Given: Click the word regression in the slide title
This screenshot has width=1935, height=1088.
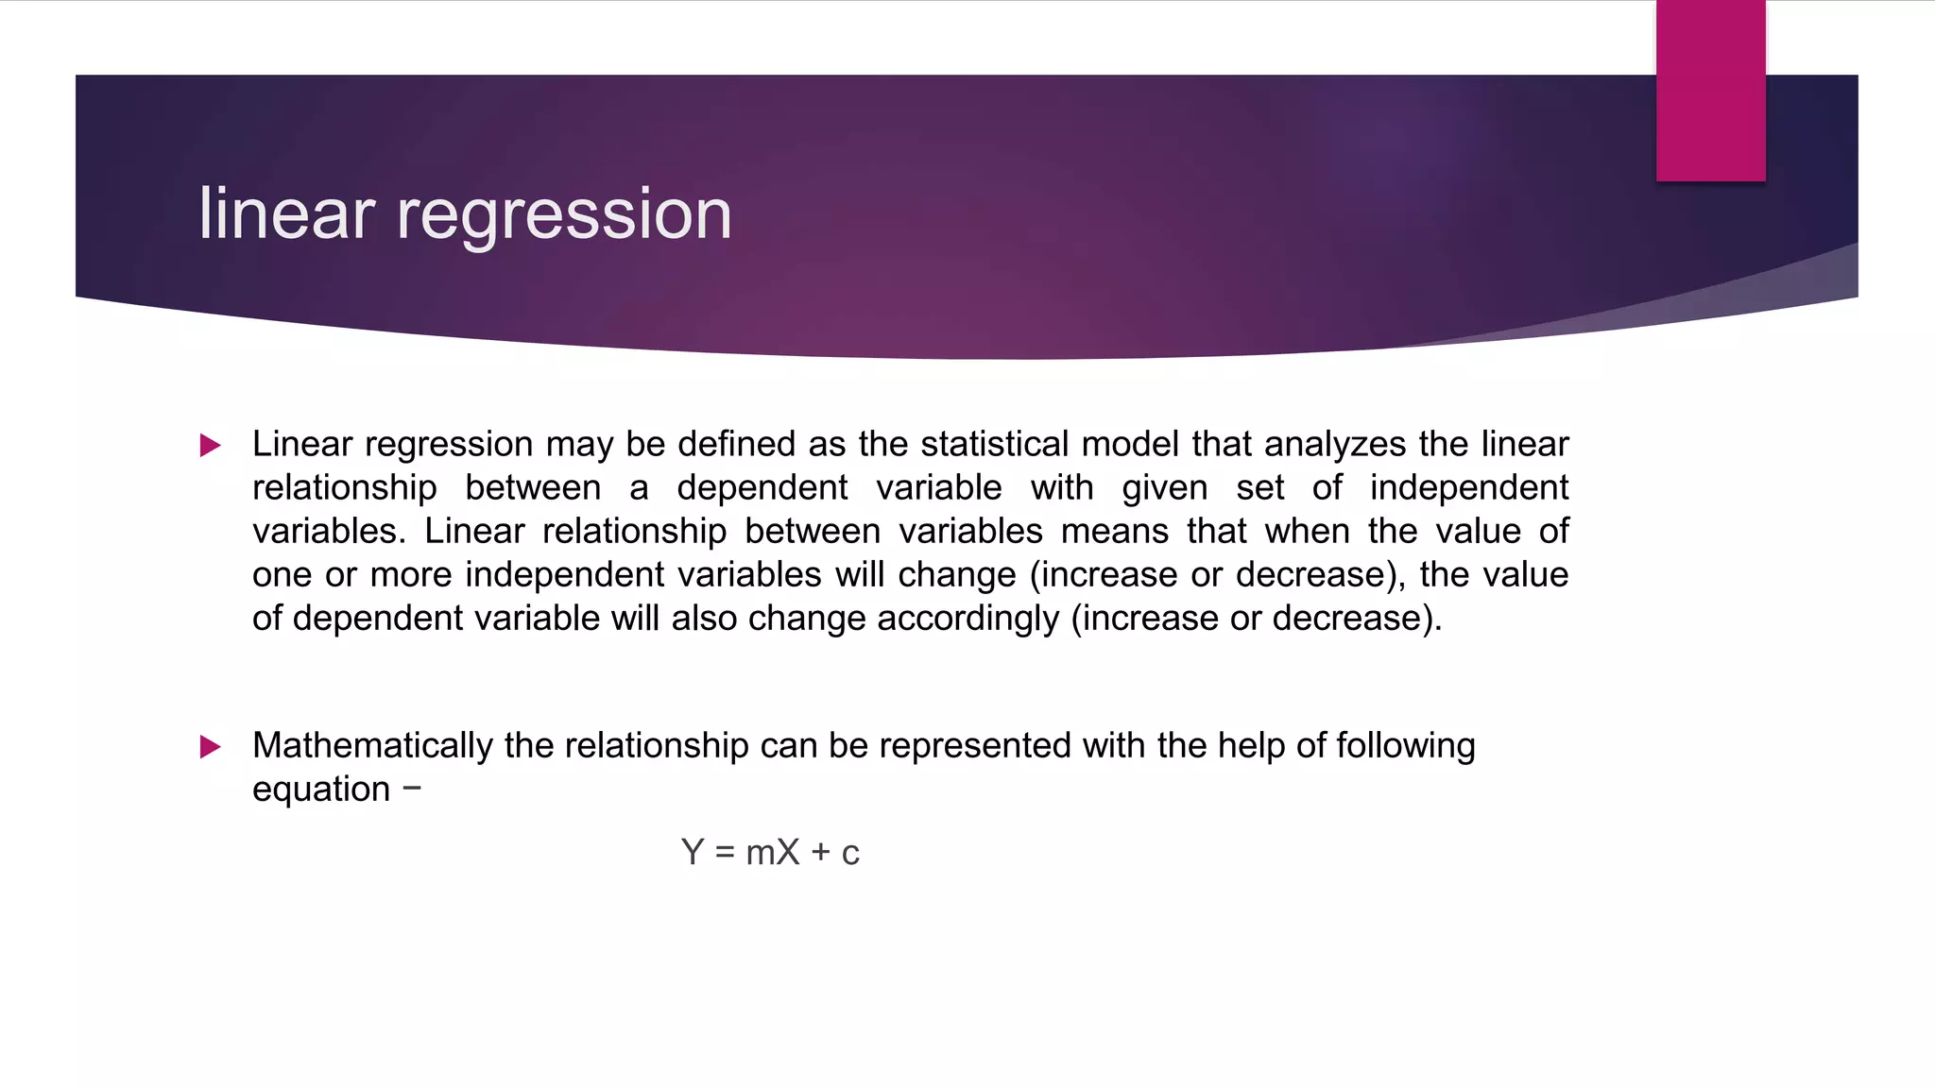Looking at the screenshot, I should click(x=564, y=215).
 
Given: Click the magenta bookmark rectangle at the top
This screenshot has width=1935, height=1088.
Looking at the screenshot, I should click(x=1710, y=91).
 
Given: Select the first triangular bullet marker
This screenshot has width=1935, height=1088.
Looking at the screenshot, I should click(x=211, y=445).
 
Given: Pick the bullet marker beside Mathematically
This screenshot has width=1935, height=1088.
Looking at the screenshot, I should click(x=211, y=747).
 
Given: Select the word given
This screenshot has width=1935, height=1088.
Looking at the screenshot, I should click(x=1164, y=487).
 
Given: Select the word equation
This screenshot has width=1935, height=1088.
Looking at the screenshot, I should click(x=321, y=790).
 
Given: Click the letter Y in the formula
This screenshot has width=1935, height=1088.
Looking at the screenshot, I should click(x=693, y=852).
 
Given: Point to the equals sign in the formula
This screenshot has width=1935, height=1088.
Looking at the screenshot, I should click(x=725, y=853).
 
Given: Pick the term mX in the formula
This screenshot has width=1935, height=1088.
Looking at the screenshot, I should click(x=772, y=852).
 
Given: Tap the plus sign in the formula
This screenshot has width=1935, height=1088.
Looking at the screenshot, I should click(x=821, y=853).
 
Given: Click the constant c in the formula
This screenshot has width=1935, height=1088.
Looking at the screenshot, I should click(x=850, y=854).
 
